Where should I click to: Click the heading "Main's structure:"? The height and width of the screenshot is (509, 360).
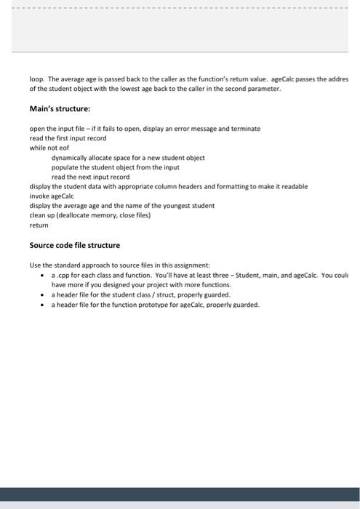tap(59, 108)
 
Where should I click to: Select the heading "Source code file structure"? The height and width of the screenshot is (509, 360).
tap(74, 245)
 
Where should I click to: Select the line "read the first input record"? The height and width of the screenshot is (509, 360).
tap(68, 137)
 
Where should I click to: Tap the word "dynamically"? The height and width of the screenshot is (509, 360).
tap(71, 157)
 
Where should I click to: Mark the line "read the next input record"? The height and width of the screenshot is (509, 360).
tap(90, 177)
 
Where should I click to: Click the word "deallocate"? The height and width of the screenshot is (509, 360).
tap(77, 215)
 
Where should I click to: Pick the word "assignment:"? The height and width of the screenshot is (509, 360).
tap(190, 265)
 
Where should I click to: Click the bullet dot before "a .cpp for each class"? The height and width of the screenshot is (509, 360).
tap(43, 276)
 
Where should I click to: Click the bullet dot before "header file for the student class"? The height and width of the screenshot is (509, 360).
tap(43, 295)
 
